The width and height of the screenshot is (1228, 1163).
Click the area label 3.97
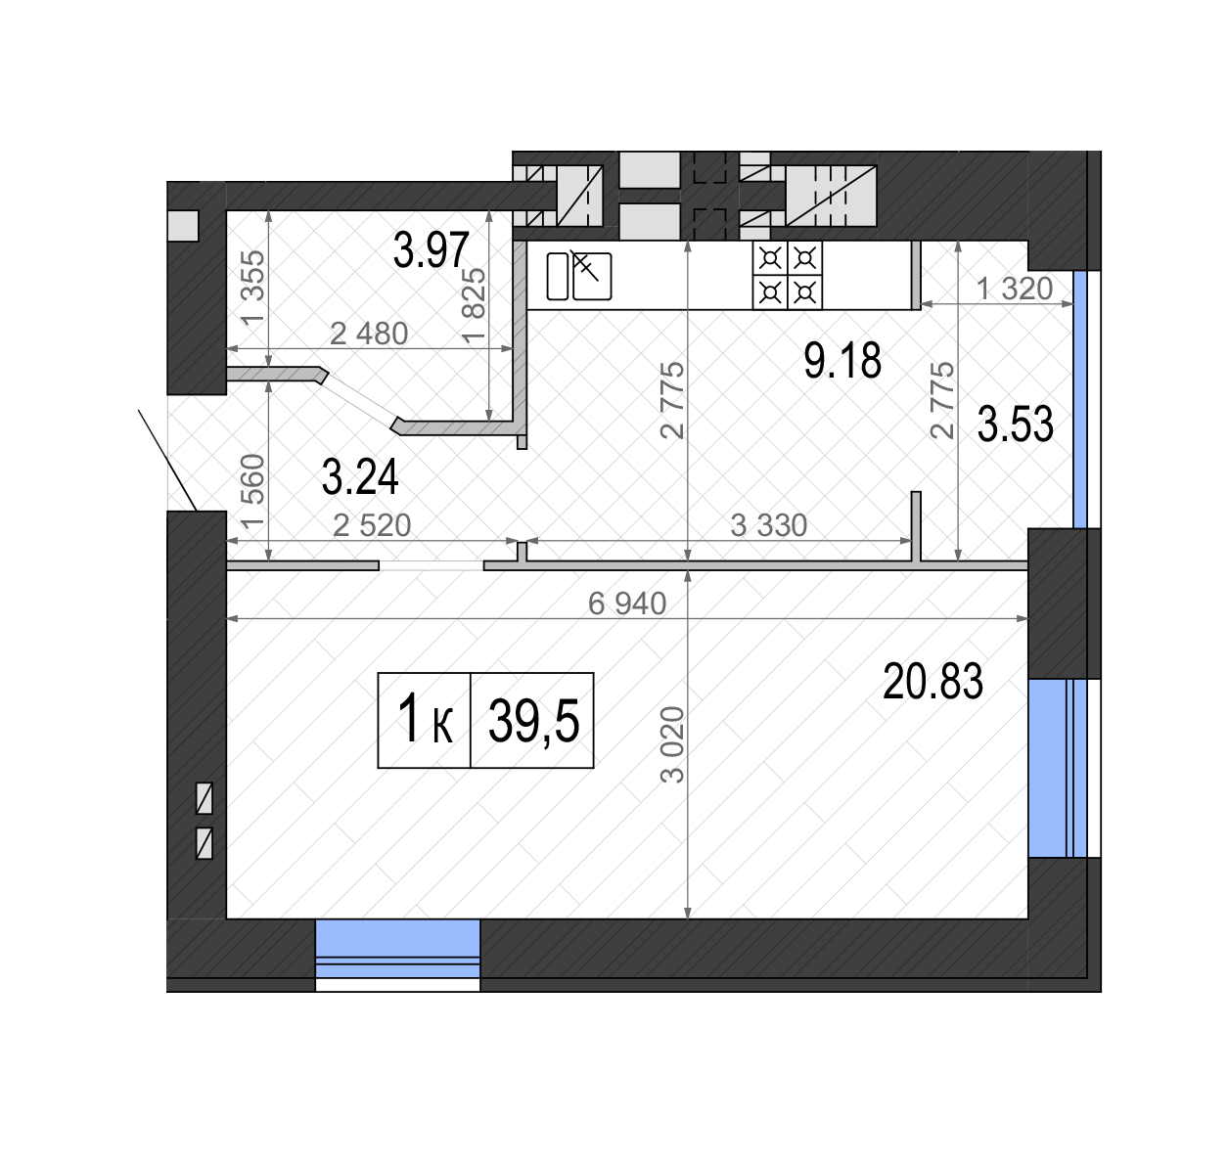[431, 249]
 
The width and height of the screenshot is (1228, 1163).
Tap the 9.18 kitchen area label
[841, 360]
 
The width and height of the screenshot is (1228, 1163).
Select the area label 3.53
[1015, 425]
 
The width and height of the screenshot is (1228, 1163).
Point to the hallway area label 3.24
[360, 476]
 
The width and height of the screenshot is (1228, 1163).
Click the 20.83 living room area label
[932, 682]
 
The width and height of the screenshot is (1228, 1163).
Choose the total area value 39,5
[534, 721]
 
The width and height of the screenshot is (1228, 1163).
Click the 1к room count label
[425, 720]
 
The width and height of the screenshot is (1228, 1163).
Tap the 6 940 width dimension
[627, 604]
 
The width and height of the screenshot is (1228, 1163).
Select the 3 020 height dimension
[673, 744]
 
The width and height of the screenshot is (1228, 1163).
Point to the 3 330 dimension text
[769, 525]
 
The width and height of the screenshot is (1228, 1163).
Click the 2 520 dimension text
[372, 525]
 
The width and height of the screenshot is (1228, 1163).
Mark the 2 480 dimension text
[369, 334]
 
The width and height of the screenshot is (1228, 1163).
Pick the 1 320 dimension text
[1015, 289]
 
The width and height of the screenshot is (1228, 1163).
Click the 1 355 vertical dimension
[253, 288]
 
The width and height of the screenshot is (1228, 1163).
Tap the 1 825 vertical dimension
[473, 304]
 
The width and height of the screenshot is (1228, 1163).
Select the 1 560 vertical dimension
[253, 492]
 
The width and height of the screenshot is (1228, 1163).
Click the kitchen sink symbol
[579, 276]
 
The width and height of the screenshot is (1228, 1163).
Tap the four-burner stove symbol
[787, 275]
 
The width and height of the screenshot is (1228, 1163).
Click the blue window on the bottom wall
[397, 955]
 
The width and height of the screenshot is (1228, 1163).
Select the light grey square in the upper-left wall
[183, 226]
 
